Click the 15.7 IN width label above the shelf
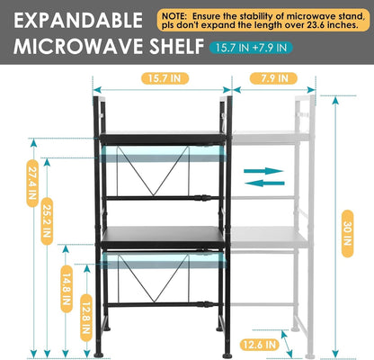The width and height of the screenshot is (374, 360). pos(165,78)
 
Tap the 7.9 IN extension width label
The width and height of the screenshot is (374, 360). pos(273,78)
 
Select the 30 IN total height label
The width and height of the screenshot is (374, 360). pos(347,233)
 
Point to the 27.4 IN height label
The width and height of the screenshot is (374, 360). pos(32,183)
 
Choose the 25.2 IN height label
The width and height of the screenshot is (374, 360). pos(47,220)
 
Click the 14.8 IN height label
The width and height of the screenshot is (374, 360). pos(67,289)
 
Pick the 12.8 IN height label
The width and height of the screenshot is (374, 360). pos(86,318)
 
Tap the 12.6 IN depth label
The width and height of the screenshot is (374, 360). pos(260,345)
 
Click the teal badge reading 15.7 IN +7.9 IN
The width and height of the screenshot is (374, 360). pos(251,48)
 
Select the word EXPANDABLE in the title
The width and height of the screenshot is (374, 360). pos(78,20)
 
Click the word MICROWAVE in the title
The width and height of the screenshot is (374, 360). pos(79,46)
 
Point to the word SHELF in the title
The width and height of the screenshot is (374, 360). pos(177,46)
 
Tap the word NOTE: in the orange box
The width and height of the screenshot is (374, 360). pos(174,16)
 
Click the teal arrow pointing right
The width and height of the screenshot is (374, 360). pos(263,171)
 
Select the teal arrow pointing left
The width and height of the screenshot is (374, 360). pos(264,183)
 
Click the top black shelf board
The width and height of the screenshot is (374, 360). pos(162,138)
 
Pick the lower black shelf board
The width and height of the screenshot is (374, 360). pos(162,238)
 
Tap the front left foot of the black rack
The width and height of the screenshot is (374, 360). pos(98,355)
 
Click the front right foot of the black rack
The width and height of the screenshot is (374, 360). pos(227,355)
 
